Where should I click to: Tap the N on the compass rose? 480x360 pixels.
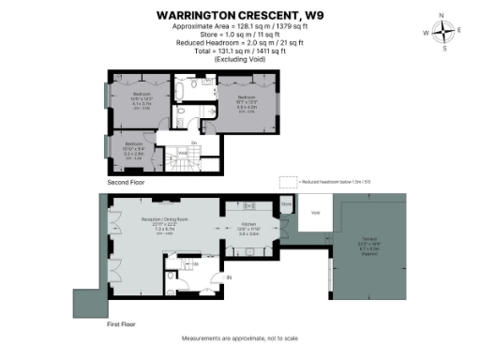(x=443, y=15)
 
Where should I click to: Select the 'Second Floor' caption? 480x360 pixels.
(x=126, y=181)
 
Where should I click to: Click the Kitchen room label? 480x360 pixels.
(x=248, y=225)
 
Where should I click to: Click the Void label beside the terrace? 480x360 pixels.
(x=315, y=212)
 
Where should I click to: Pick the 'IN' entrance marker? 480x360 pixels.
(x=227, y=277)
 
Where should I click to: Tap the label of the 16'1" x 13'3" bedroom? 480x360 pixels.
(x=246, y=98)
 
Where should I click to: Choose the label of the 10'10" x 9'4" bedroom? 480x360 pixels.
(x=131, y=145)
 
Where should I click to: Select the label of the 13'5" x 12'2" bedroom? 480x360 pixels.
(x=141, y=96)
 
